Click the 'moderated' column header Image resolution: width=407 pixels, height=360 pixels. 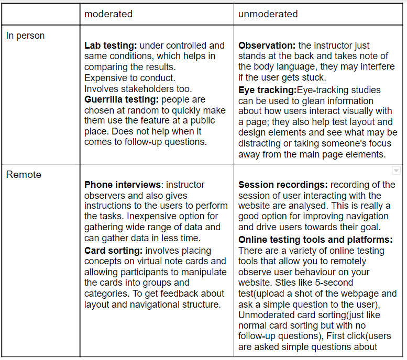coord(108,14)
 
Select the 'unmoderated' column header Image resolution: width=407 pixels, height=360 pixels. coord(268,14)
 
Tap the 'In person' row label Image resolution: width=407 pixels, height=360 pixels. coord(25,36)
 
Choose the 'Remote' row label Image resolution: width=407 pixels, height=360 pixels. coord(24,175)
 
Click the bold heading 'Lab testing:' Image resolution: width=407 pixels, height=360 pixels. coord(111,46)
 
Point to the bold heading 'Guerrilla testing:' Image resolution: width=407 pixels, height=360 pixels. coord(122,99)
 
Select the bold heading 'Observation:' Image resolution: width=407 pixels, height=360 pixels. coord(267,46)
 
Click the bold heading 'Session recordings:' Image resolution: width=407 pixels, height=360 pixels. coord(283,185)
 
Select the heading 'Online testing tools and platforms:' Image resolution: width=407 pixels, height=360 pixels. coord(315,240)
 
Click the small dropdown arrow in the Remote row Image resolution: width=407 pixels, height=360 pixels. coord(396,171)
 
